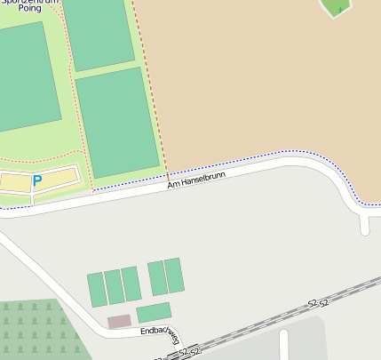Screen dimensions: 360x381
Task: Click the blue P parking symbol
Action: click(x=37, y=180)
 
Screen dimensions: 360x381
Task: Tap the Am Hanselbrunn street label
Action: click(x=196, y=179)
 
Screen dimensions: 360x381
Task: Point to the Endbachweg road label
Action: click(x=161, y=335)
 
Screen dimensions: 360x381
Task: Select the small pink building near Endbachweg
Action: click(x=119, y=321)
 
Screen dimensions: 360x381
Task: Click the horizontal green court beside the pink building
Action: click(x=154, y=312)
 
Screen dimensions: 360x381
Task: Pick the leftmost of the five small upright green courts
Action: click(x=97, y=290)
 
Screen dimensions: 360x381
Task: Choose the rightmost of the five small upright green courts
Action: click(x=174, y=276)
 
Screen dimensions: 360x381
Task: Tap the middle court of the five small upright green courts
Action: click(x=131, y=284)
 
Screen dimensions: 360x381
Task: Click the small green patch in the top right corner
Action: click(x=336, y=7)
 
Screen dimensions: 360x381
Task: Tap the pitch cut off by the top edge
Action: click(x=98, y=32)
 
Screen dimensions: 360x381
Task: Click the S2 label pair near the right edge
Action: click(x=318, y=303)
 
